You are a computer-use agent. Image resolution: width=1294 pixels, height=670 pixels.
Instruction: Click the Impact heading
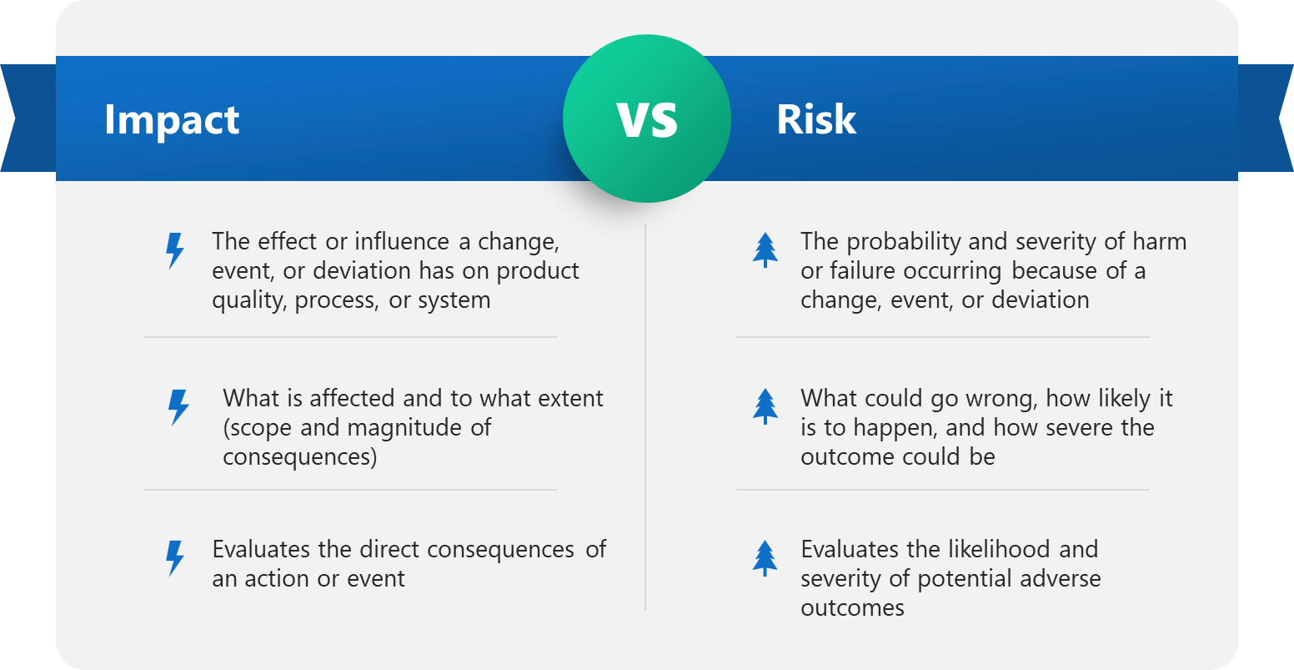[x=172, y=120]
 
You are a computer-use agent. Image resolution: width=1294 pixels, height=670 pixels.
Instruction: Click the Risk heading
[x=815, y=119]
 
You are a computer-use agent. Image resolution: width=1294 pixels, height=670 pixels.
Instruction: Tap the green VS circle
[x=647, y=118]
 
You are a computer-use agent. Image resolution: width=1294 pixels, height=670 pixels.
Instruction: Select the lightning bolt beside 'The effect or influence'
[x=174, y=251]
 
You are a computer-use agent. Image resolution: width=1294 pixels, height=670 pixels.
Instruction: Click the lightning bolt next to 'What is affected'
[x=178, y=407]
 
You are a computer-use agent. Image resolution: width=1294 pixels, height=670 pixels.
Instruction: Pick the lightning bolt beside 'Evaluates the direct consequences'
[x=174, y=558]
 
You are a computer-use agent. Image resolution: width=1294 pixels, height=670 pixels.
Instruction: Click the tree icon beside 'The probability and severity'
[x=765, y=250]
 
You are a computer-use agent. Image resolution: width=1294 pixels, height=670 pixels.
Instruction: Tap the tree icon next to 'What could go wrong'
[x=765, y=406]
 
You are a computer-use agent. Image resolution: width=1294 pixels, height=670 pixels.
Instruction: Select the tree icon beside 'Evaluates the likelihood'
[x=765, y=558]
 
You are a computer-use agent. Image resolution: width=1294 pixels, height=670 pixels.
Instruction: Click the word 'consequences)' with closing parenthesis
[x=300, y=457]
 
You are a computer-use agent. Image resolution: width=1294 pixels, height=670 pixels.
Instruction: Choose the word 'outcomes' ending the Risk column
[x=852, y=608]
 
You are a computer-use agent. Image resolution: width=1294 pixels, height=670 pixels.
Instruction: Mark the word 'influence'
[x=402, y=241]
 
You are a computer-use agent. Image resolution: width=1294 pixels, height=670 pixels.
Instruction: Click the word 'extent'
[x=570, y=399]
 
